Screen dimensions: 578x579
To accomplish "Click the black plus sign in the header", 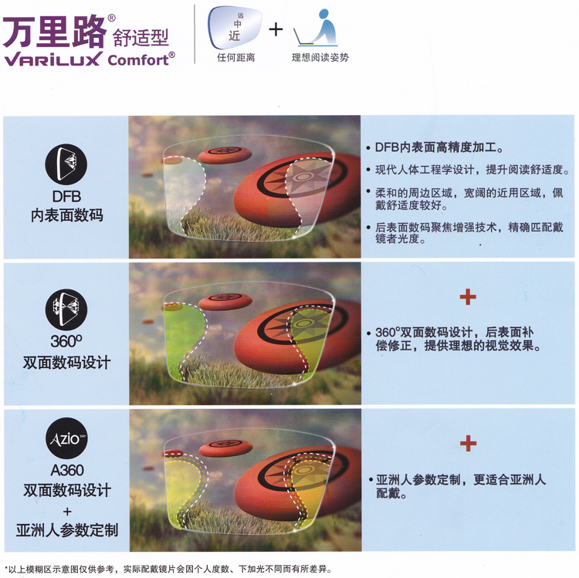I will point(275,30).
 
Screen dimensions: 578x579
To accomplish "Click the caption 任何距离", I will point(235,57).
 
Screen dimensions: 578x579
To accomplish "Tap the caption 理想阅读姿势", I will point(320,57).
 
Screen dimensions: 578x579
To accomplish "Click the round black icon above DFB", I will point(67,164).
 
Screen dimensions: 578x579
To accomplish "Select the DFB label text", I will point(67,197).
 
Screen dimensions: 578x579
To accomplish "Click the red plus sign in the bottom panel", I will point(468,443).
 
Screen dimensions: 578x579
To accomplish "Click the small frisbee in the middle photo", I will point(225,301).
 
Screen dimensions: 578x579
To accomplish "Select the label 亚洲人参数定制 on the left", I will point(67,530).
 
